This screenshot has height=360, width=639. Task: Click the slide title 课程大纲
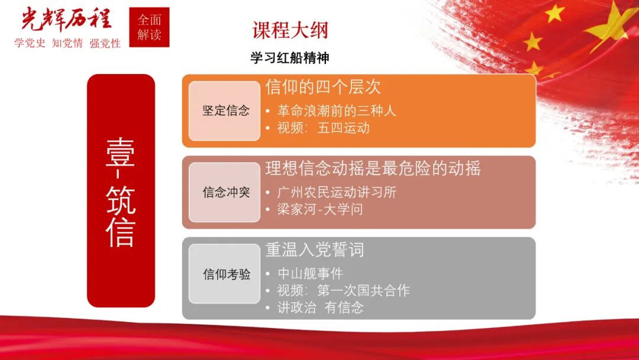pos(290,30)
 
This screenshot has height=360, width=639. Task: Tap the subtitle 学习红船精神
pos(289,58)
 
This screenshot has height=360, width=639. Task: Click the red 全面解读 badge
pos(149,27)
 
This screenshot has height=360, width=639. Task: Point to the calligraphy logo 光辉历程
pos(66,19)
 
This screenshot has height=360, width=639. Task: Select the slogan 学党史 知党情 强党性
pos(67,43)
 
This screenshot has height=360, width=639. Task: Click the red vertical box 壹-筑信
pos(121,190)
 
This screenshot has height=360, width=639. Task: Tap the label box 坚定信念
pos(225,111)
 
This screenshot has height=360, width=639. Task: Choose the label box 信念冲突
pos(225,192)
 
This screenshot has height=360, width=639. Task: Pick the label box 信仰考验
pos(225,274)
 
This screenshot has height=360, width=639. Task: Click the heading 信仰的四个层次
pos(323,88)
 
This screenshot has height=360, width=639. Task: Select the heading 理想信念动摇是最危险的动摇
pos(373,169)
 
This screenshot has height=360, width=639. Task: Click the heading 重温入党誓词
pos(314,250)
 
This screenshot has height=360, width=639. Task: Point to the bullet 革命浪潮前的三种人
pos(336,111)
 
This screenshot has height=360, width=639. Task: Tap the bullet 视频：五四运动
pos(323,128)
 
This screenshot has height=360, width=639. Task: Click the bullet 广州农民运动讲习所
pos(336,192)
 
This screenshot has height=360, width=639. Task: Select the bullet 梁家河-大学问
pos(319,209)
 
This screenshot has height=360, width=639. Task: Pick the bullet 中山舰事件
pos(310,274)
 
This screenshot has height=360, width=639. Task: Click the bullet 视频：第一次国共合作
pos(343,291)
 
